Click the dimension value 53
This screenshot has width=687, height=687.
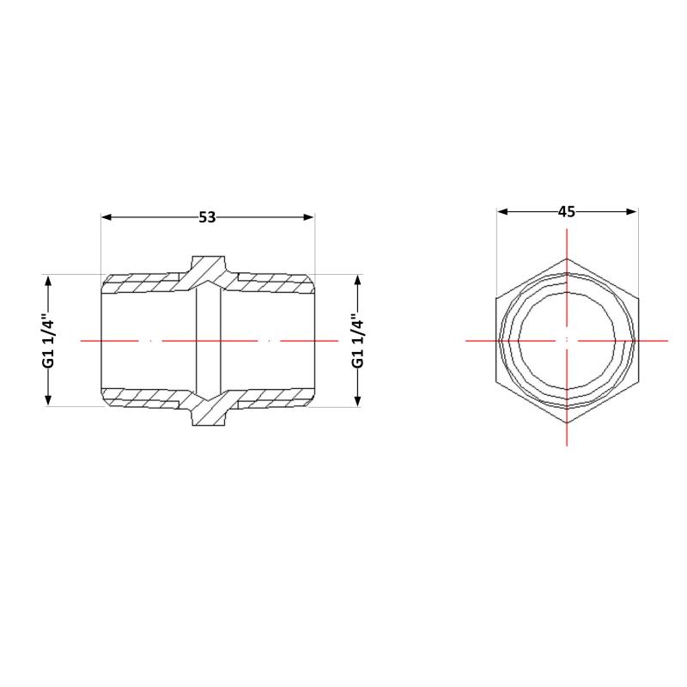[207, 217]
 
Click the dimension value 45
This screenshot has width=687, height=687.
[567, 212]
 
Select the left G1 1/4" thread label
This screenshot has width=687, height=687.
[50, 340]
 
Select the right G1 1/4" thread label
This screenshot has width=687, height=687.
[358, 340]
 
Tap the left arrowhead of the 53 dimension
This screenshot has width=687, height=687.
[106, 217]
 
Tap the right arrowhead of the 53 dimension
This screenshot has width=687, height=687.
[309, 217]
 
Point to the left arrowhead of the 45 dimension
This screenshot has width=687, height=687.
[502, 212]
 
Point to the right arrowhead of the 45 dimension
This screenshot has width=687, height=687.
[632, 212]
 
